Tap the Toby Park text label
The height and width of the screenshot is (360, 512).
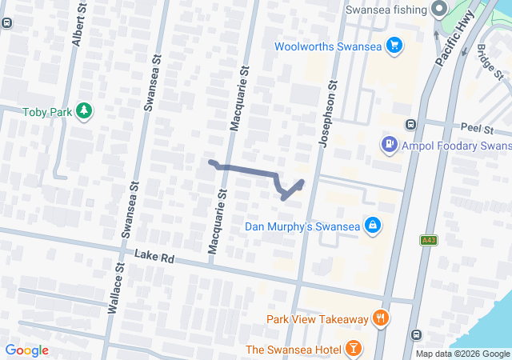point(46,112)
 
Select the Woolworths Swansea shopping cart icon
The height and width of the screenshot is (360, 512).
point(393,46)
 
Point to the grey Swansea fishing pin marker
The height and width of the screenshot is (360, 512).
point(438,10)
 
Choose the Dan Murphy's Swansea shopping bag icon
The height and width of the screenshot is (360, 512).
point(372,226)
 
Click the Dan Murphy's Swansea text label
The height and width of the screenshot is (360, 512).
point(302,226)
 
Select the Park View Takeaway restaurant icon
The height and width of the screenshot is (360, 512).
point(380,318)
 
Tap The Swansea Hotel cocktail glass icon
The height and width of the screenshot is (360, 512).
point(353,349)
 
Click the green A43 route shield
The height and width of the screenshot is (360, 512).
point(430,240)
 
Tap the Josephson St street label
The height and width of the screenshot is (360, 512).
point(326,114)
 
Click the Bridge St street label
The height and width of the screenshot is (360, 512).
point(489,62)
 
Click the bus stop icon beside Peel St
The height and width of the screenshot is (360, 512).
point(410,124)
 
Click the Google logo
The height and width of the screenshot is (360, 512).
point(27,350)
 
